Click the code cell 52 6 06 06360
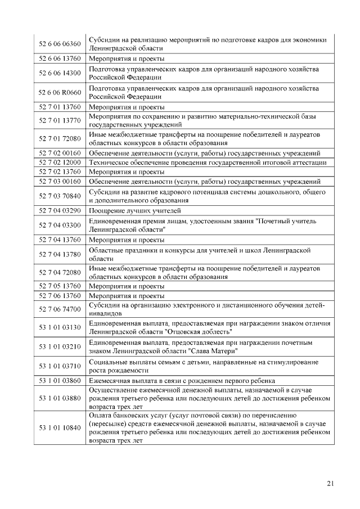tap(60, 43)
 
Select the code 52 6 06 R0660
tap(60, 92)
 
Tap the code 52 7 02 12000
tap(60, 163)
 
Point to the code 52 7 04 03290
tap(60, 210)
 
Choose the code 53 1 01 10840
tap(60, 428)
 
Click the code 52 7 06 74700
tap(60, 309)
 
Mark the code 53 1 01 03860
tap(60, 381)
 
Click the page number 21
tap(330, 483)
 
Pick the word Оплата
tap(100, 415)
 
